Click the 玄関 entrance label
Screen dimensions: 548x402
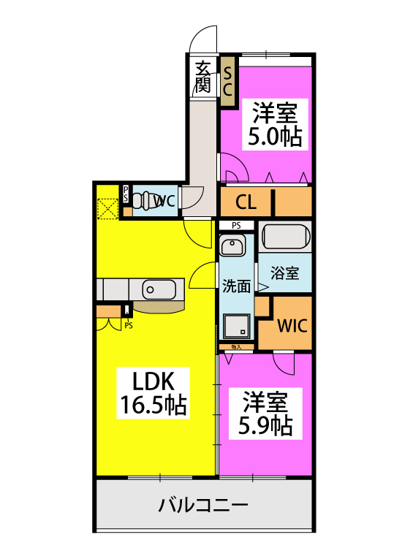204,76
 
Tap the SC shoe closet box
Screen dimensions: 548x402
227,80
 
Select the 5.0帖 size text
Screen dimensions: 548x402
276,137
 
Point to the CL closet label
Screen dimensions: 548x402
245,202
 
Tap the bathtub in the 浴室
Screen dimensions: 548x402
286,238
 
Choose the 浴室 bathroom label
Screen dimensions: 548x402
284,274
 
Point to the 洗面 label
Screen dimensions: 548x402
235,287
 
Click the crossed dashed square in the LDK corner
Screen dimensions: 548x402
108,208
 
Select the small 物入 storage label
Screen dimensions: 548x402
235,347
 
